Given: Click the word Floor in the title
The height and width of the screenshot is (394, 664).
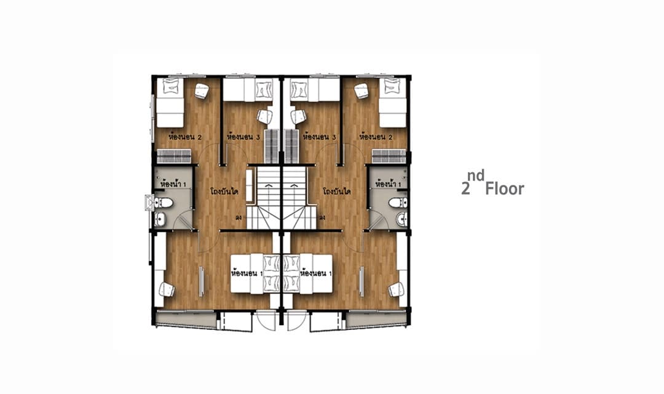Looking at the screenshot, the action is click(504, 189).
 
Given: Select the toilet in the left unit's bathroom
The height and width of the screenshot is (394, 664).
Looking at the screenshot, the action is click(164, 203).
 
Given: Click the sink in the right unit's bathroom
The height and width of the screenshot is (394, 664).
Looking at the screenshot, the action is click(401, 219).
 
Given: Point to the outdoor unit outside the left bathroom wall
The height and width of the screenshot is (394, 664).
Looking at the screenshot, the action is click(149, 203).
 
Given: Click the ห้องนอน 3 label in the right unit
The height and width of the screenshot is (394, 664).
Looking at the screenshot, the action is click(320, 137).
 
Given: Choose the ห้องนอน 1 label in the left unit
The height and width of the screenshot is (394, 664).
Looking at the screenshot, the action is click(247, 273).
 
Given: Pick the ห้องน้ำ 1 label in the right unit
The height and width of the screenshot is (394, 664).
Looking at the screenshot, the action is click(389, 185).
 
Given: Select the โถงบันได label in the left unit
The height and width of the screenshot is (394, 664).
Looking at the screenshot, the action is click(224, 191).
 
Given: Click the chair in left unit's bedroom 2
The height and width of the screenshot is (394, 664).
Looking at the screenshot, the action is click(202, 90).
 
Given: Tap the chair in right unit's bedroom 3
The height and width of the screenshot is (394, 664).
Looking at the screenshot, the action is click(298, 116).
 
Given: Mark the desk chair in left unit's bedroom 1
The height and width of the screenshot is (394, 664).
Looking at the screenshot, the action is click(167, 290).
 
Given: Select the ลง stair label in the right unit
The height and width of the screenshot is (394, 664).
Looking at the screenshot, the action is click(322, 218).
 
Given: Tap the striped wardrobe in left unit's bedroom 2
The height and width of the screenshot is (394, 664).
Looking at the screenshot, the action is click(174, 156).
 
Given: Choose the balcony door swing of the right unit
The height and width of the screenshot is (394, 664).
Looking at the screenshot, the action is click(296, 321).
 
